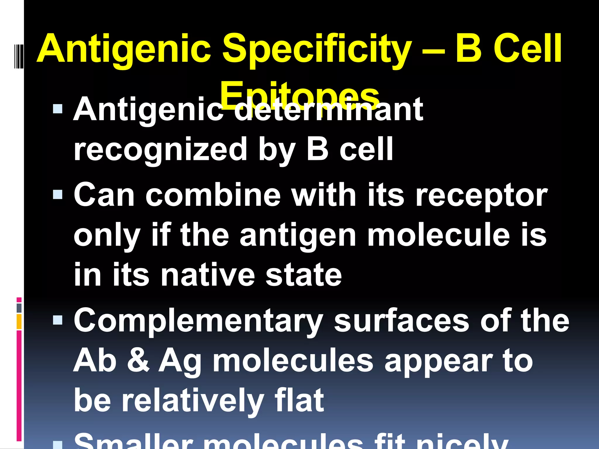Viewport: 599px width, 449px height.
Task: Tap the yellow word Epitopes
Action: click(299, 93)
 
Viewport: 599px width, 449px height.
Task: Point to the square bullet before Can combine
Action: click(58, 194)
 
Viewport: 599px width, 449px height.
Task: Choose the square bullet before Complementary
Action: click(58, 320)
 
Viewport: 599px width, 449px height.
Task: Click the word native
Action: click(208, 275)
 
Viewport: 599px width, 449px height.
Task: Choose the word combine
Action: click(213, 195)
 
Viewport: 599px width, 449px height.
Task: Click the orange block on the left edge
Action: click(19, 321)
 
